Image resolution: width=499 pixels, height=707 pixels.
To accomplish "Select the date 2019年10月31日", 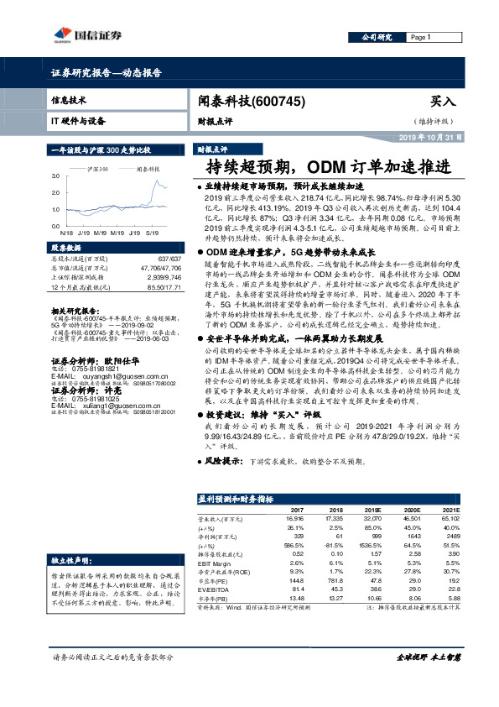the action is (x=435, y=136).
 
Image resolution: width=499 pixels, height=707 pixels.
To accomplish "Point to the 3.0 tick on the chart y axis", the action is (x=55, y=176).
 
